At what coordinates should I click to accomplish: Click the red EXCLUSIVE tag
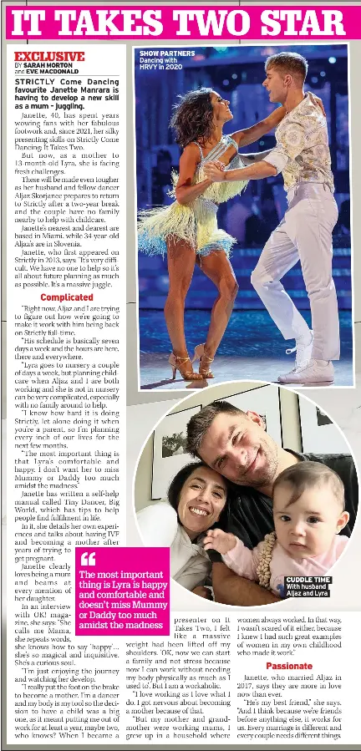coord(49,57)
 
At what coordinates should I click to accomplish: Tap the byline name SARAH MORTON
coord(48,65)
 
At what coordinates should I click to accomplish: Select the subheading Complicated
coord(67,297)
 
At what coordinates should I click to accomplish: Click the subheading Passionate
coord(289,665)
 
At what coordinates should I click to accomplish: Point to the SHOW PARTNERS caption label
coord(167,53)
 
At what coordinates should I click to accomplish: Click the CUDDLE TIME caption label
coord(308,579)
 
